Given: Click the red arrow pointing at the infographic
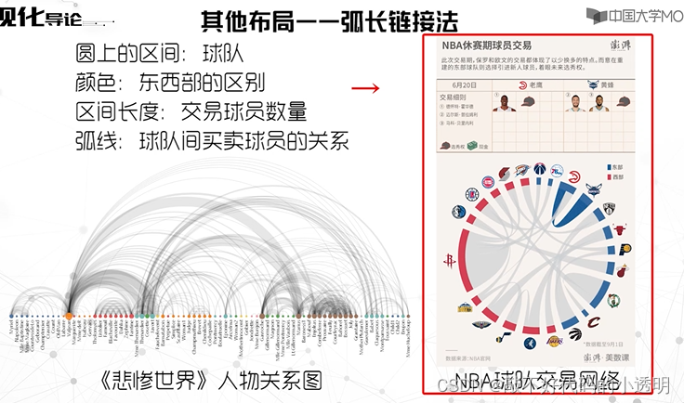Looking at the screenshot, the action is pyautogui.click(x=368, y=89).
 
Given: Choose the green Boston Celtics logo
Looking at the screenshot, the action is pyautogui.click(x=613, y=300).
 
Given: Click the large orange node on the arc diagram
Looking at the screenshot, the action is pyautogui.click(x=70, y=318).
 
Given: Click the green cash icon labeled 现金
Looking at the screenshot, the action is pyautogui.click(x=472, y=145).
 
